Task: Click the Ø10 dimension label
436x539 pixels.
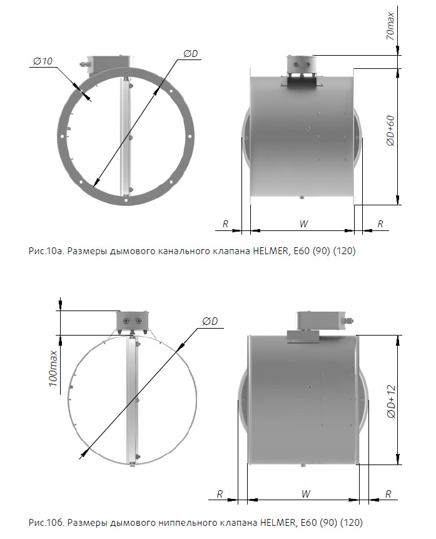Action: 43,61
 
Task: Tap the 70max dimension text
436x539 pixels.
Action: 390,26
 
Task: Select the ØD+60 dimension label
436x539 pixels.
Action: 390,131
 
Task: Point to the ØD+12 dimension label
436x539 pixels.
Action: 392,401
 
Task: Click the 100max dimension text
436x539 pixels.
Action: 53,369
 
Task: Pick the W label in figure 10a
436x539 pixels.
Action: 303,223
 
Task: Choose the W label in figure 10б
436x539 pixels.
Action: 305,494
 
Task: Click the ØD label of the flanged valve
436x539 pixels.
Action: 191,54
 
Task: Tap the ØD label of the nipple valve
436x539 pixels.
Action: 210,321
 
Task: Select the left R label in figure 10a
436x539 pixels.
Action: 225,223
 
